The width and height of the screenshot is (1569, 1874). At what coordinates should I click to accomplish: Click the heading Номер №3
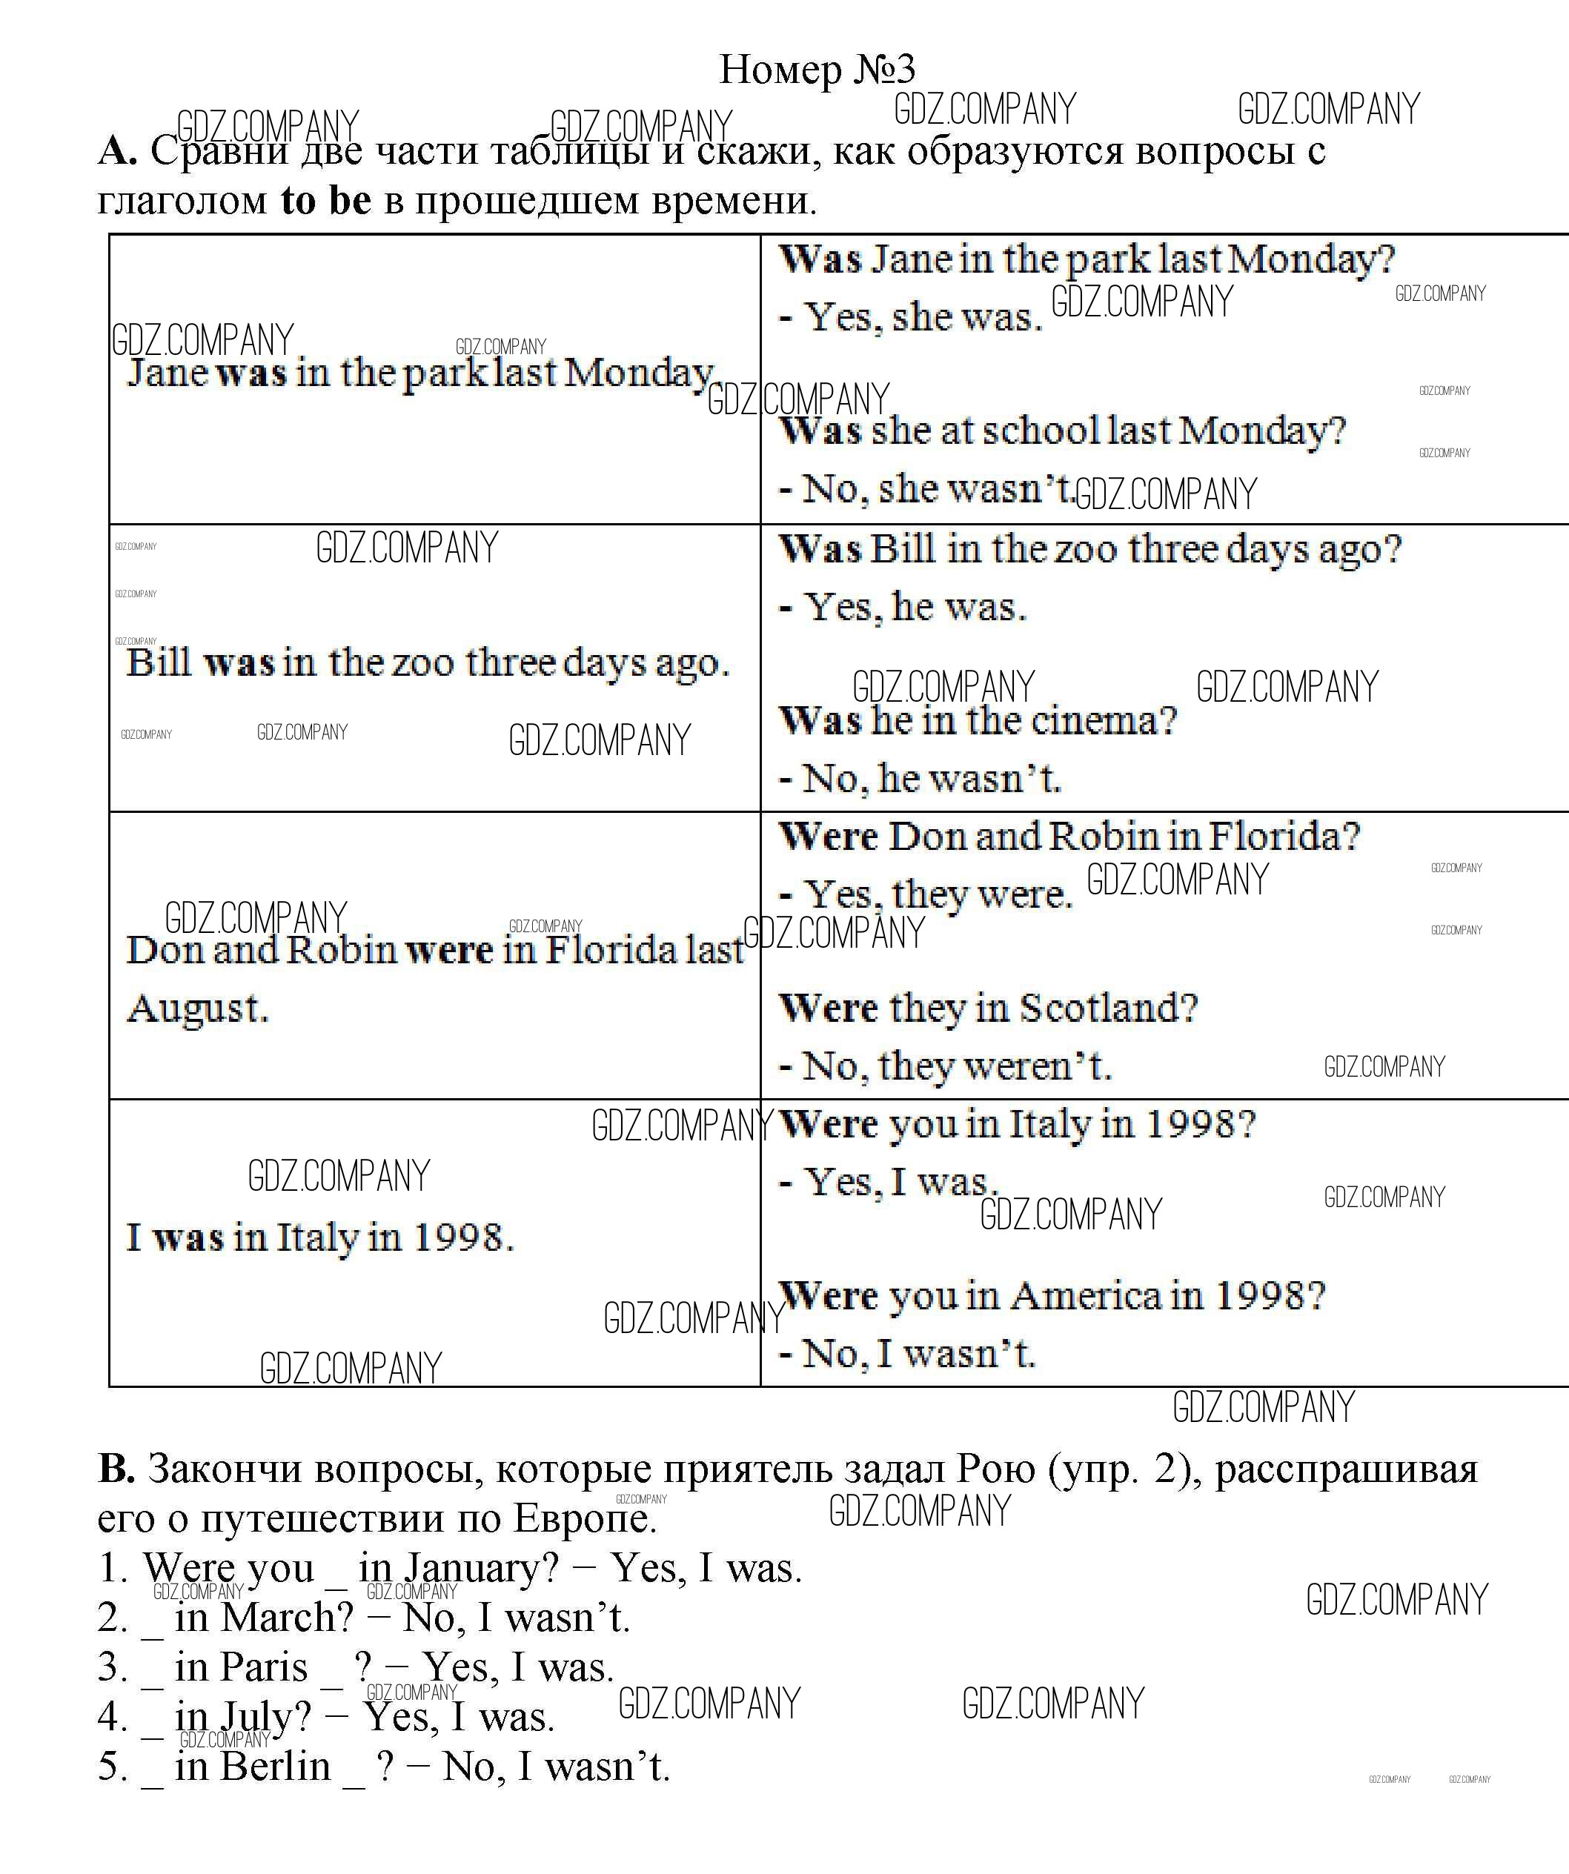pyautogui.click(x=817, y=69)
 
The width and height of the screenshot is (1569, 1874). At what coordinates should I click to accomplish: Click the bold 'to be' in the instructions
pyautogui.click(x=325, y=200)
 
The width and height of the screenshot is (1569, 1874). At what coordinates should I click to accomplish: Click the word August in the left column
pyautogui.click(x=197, y=1009)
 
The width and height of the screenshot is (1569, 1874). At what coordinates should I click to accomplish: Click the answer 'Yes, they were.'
pyautogui.click(x=937, y=893)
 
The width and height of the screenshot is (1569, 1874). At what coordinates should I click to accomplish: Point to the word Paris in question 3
pyautogui.click(x=263, y=1667)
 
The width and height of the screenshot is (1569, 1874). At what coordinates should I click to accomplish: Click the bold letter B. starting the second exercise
pyautogui.click(x=116, y=1468)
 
